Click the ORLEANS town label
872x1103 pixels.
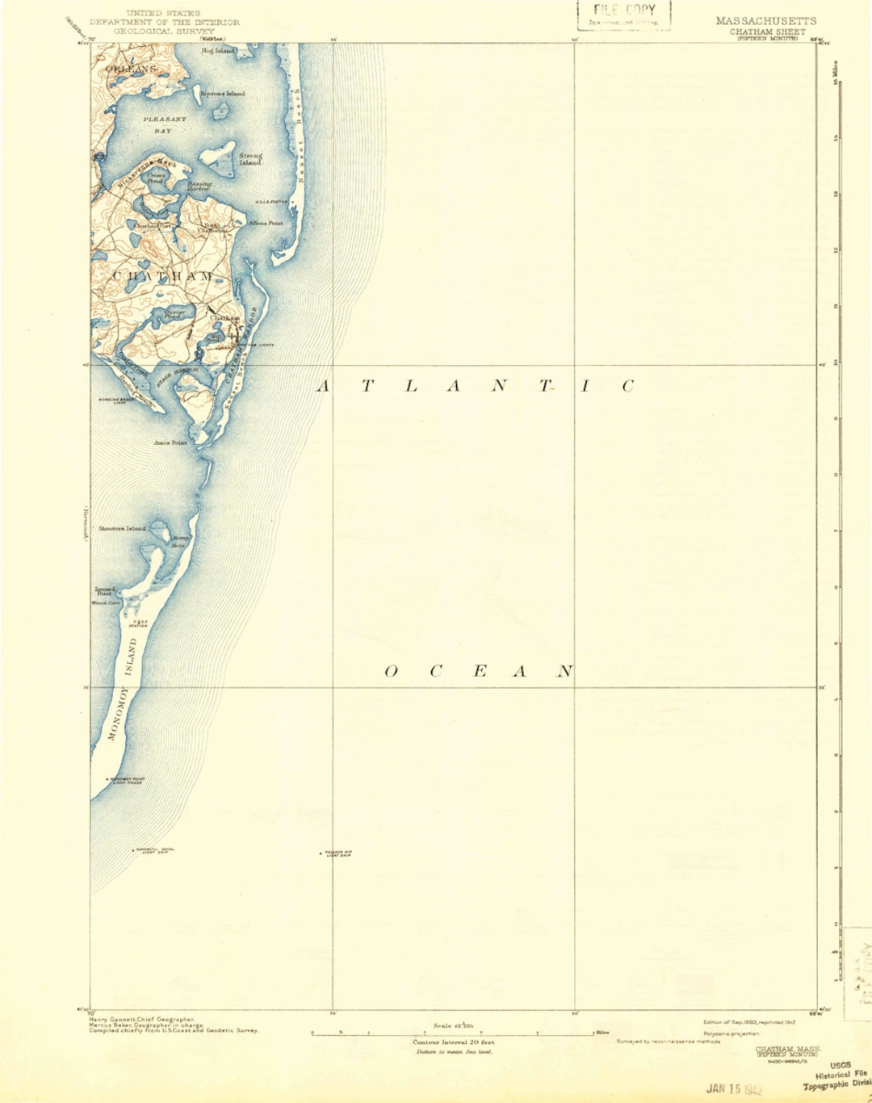point(131,69)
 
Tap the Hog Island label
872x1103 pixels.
point(217,51)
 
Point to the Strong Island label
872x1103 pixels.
point(250,159)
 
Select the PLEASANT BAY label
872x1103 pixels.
point(165,124)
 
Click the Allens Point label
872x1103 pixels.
point(266,223)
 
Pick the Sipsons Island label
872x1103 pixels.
point(223,94)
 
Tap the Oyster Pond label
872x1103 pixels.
point(175,313)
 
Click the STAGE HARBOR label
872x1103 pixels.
point(178,377)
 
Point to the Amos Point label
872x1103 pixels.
point(170,442)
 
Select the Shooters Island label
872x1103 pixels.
point(123,529)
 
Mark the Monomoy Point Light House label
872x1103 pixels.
point(125,781)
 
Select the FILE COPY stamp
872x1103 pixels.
point(623,14)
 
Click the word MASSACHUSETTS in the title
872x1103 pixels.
point(765,21)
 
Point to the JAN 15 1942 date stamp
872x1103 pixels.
point(734,1088)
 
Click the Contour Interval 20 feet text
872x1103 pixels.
point(453,1042)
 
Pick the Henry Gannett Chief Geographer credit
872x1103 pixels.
point(142,1020)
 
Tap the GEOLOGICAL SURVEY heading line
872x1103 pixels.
point(164,31)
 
